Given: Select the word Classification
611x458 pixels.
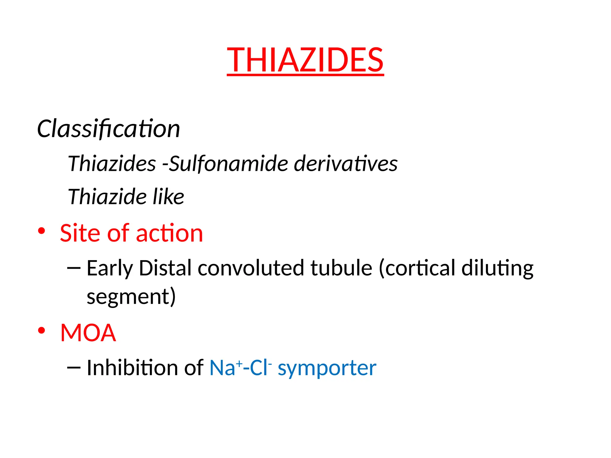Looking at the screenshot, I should [x=109, y=129].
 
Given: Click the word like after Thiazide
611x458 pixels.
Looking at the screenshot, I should [x=168, y=197].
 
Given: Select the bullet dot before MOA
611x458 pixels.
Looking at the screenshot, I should [x=41, y=330].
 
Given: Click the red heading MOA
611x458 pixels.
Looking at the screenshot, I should [x=88, y=333].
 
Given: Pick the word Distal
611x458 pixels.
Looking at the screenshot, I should [x=165, y=268].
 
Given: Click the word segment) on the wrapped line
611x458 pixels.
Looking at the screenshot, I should [x=131, y=297].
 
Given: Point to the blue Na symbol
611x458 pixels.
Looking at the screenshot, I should [x=223, y=368].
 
